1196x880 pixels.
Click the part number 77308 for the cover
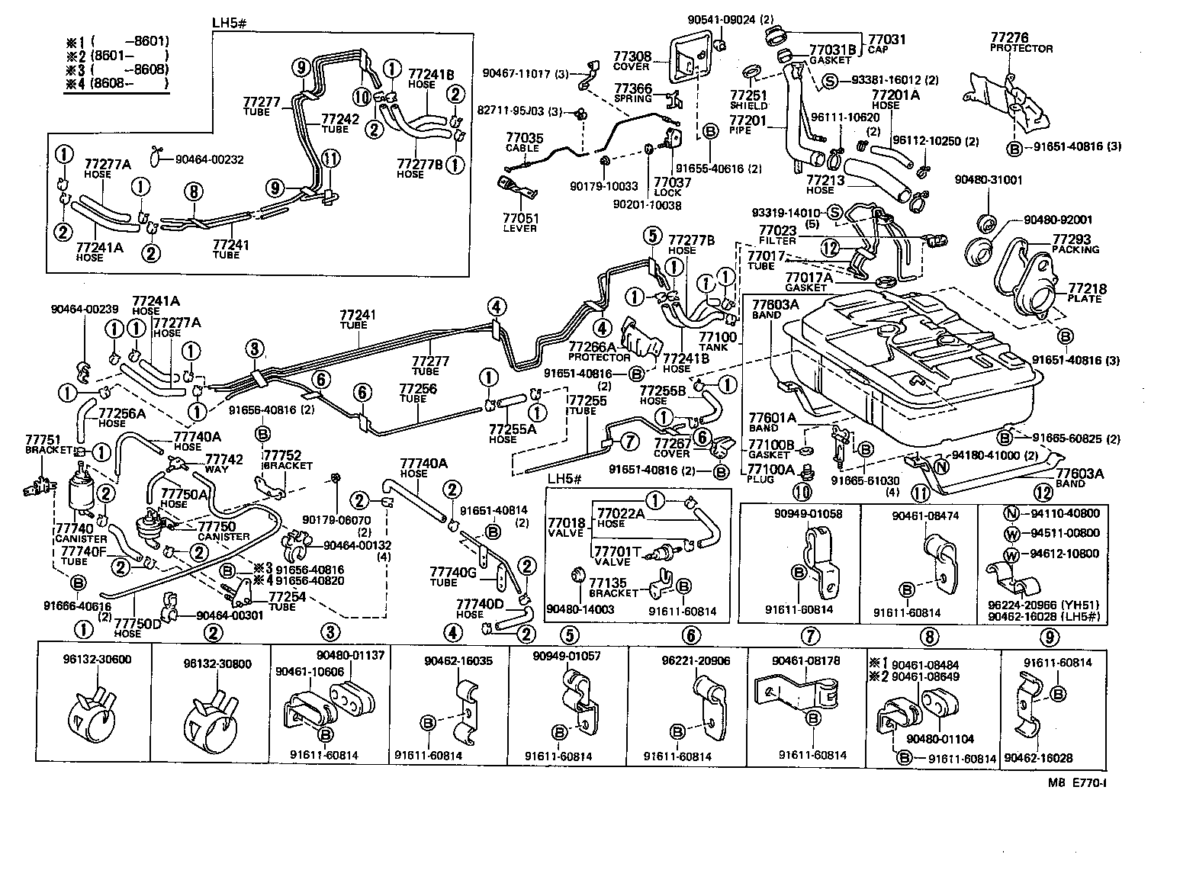(632, 56)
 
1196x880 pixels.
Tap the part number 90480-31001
(988, 180)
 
